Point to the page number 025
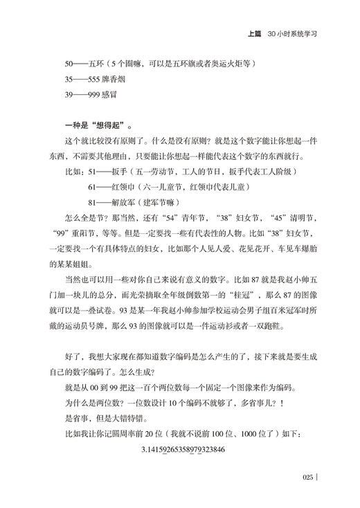point(309,476)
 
